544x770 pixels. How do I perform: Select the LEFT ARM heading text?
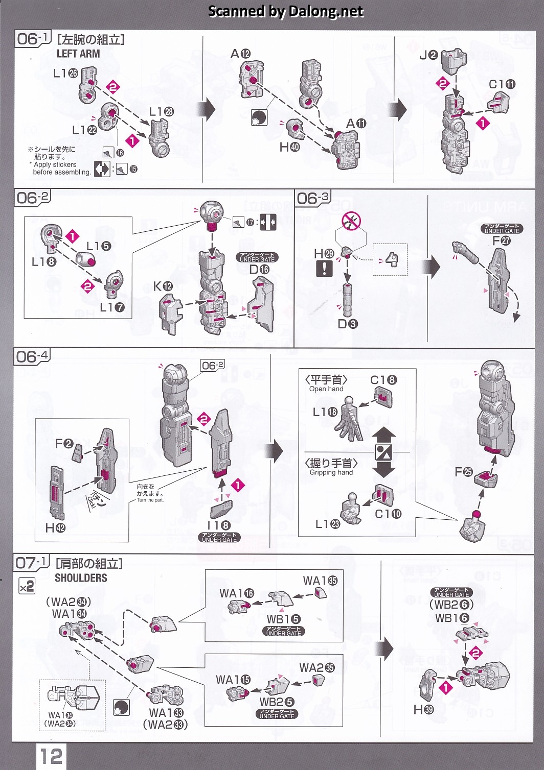click(78, 54)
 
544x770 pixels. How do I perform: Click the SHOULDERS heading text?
click(81, 578)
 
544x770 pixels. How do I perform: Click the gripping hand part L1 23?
click(352, 511)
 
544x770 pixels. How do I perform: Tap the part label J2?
click(428, 55)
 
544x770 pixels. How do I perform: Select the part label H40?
click(289, 148)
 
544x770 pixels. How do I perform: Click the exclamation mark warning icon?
click(324, 268)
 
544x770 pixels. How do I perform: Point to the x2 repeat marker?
click(27, 586)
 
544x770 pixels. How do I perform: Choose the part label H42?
click(55, 528)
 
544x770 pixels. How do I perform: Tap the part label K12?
click(163, 286)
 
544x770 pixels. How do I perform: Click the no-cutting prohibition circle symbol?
click(351, 221)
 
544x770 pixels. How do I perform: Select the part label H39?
click(423, 710)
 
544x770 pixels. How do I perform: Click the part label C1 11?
click(502, 84)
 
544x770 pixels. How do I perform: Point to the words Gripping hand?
click(331, 473)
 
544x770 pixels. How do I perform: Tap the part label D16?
click(259, 270)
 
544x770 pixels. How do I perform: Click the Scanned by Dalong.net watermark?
click(286, 11)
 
